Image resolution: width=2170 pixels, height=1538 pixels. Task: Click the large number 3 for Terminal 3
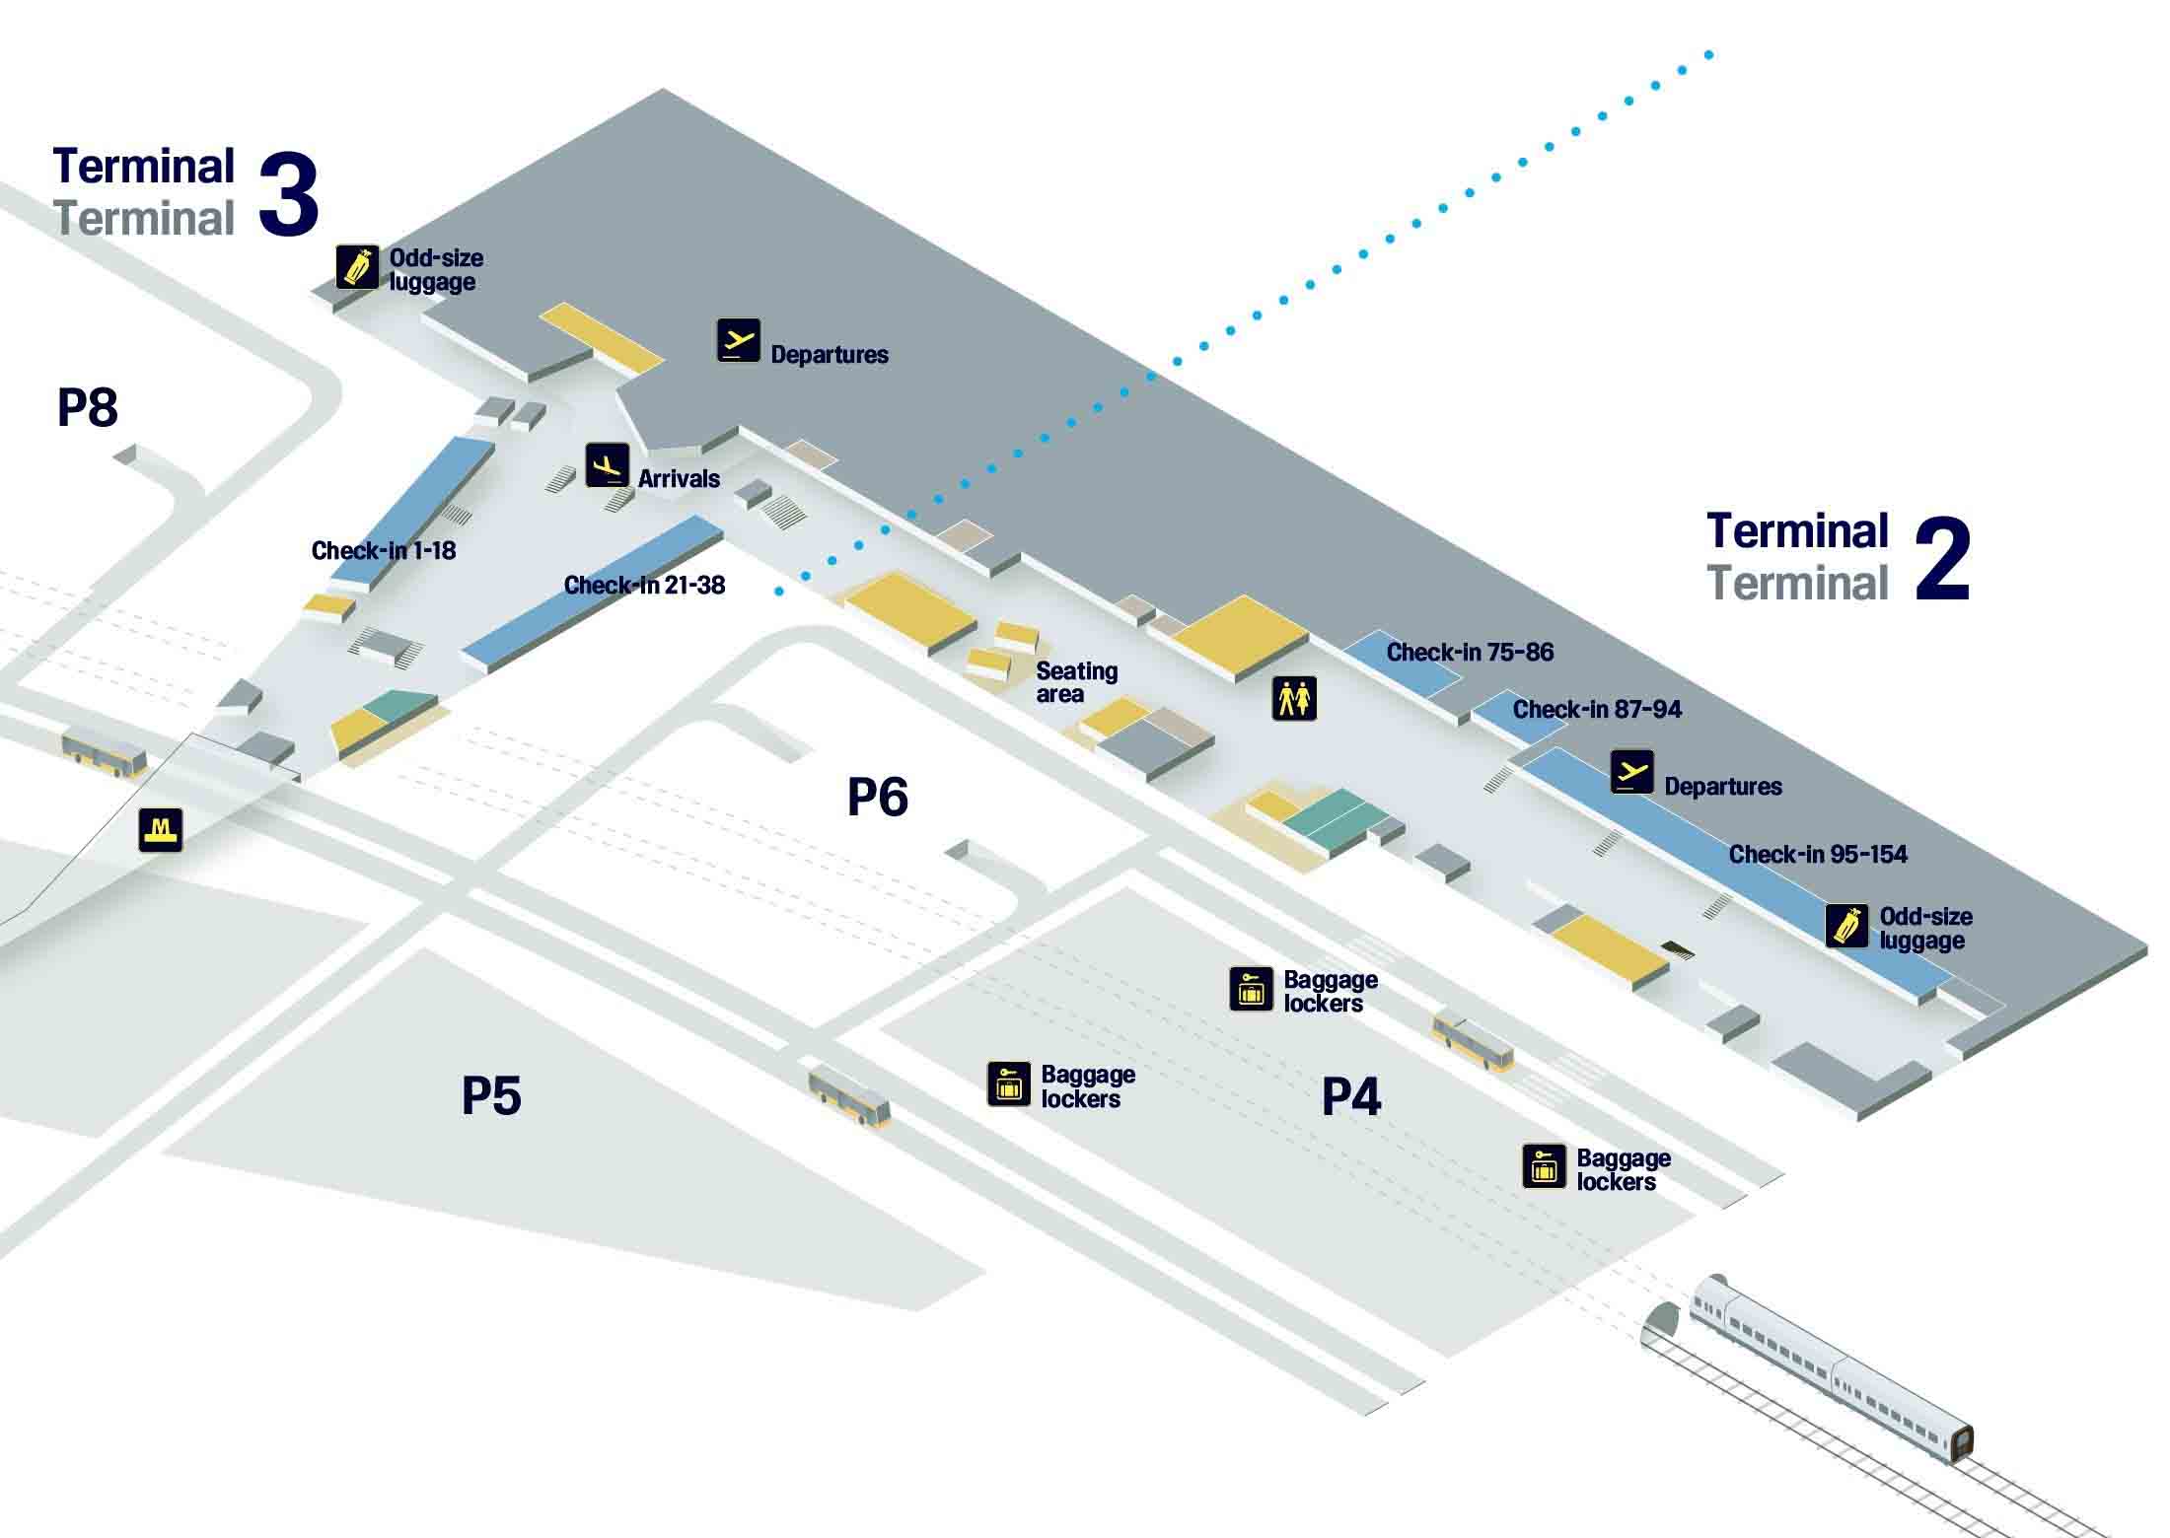289,195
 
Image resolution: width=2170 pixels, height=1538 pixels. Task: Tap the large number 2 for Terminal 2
1942,560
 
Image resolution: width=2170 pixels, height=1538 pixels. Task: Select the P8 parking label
88,406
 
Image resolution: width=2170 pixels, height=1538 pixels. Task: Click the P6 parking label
878,796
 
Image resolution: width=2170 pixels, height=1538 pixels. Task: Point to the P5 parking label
491,1094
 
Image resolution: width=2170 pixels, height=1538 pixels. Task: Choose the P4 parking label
1351,1095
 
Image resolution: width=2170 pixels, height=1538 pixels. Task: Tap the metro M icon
161,829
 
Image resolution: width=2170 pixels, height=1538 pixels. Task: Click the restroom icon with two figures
1294,699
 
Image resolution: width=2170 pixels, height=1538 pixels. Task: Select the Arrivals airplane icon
607,465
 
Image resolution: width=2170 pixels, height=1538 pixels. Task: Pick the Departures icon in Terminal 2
1632,772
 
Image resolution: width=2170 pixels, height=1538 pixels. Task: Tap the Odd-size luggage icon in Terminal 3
357,267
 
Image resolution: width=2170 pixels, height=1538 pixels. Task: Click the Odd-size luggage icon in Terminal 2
1846,926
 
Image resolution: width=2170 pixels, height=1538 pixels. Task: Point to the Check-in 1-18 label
384,550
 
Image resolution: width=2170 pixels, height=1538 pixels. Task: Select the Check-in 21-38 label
644,585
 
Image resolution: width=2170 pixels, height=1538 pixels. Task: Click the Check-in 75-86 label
1470,652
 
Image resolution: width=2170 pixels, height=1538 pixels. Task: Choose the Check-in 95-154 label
1818,854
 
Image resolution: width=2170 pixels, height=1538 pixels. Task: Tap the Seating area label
1076,682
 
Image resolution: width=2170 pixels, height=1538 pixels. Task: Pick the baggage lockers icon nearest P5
1008,1084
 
